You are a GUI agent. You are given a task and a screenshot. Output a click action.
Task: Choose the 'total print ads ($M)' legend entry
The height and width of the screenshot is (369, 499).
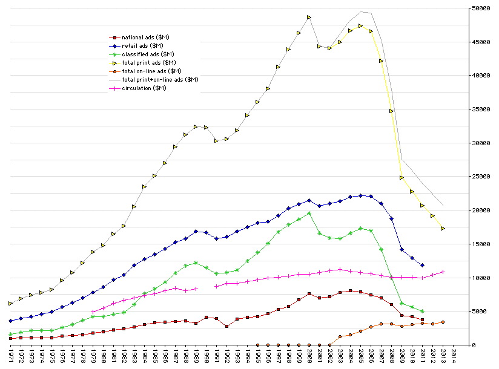148,62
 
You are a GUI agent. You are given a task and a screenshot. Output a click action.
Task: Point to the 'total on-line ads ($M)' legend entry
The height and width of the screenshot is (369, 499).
151,71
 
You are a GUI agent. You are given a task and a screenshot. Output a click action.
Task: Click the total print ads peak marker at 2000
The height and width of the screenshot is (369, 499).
309,17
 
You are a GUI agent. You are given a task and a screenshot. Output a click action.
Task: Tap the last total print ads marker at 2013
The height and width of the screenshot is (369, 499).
443,228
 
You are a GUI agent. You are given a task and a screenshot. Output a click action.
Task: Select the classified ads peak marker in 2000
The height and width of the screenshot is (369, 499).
309,213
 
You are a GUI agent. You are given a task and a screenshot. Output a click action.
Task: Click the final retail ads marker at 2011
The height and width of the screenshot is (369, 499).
423,265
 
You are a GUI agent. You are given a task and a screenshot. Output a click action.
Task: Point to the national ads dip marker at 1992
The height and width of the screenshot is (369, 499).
226,326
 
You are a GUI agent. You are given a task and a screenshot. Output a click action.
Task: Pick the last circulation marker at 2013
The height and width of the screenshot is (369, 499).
443,272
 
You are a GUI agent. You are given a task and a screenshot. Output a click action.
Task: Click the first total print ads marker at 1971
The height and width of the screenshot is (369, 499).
10,303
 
